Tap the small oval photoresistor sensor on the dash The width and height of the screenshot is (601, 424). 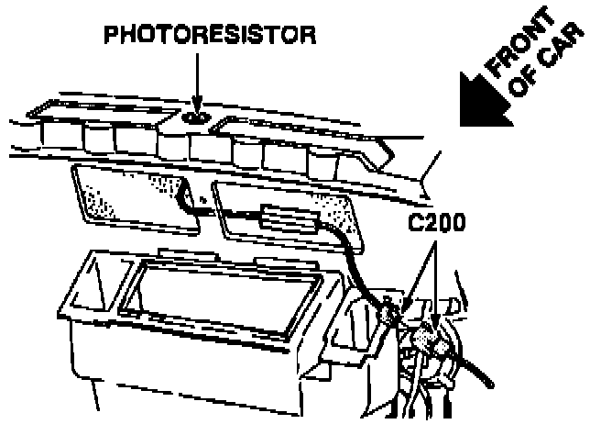(195, 117)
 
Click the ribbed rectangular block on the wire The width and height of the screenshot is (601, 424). (284, 218)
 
